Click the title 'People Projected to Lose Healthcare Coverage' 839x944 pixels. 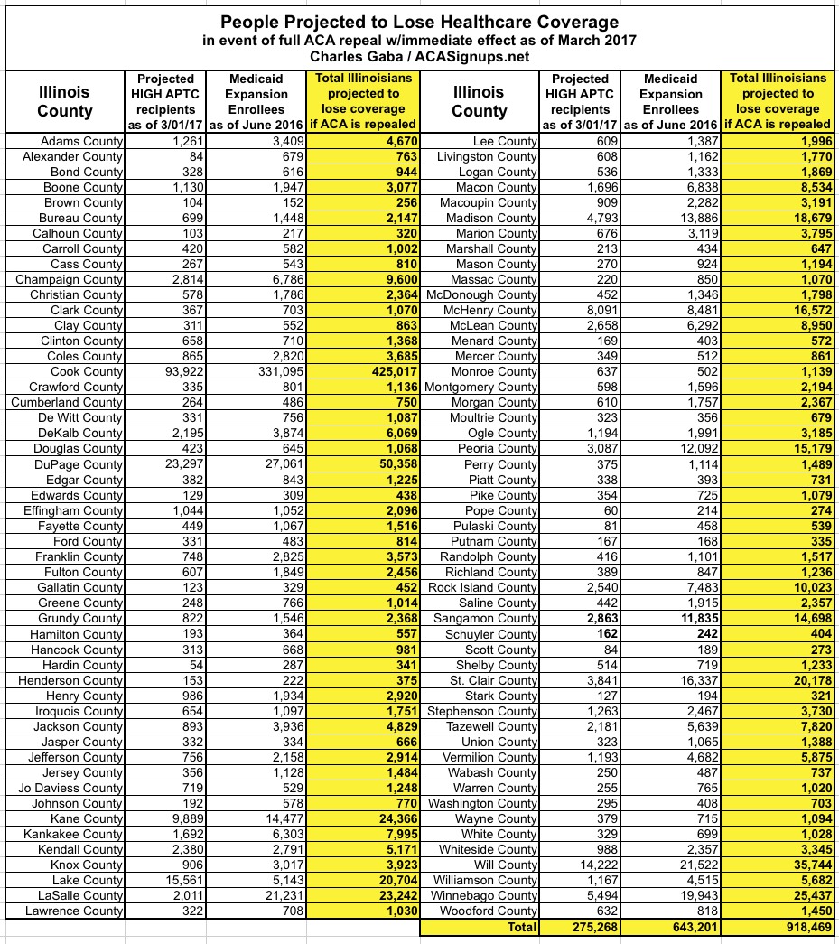tap(419, 20)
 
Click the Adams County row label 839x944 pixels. tap(82, 141)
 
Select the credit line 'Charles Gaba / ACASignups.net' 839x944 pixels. tap(419, 56)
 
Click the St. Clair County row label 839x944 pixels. tap(496, 680)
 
